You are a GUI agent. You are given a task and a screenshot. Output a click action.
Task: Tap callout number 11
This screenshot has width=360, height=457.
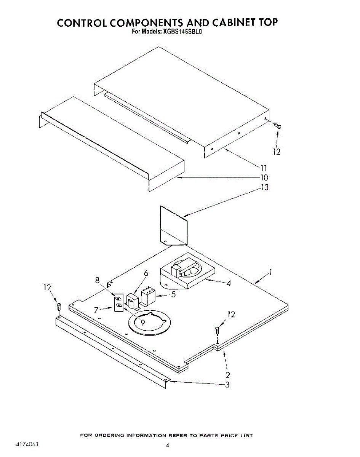pyautogui.click(x=264, y=168)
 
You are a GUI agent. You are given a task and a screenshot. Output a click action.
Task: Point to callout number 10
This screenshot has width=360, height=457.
pyautogui.click(x=264, y=177)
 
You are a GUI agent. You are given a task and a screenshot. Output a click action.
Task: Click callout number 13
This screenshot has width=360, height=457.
pyautogui.click(x=264, y=187)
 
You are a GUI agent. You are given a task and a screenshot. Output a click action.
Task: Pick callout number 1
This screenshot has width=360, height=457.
pyautogui.click(x=270, y=272)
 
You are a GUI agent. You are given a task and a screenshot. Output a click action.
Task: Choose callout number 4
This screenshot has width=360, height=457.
pyautogui.click(x=228, y=284)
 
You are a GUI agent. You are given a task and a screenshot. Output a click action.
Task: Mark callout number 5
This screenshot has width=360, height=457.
pyautogui.click(x=173, y=294)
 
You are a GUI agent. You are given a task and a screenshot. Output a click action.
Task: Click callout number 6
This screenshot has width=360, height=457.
pyautogui.click(x=146, y=273)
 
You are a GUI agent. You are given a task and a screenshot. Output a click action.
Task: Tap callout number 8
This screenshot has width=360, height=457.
pyautogui.click(x=98, y=280)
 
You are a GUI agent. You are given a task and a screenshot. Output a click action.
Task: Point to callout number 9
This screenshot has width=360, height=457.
pyautogui.click(x=142, y=322)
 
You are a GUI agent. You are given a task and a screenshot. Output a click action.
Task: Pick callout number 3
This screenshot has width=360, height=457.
pyautogui.click(x=227, y=385)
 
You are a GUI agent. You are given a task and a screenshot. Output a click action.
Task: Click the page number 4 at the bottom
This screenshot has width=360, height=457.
pyautogui.click(x=167, y=445)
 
